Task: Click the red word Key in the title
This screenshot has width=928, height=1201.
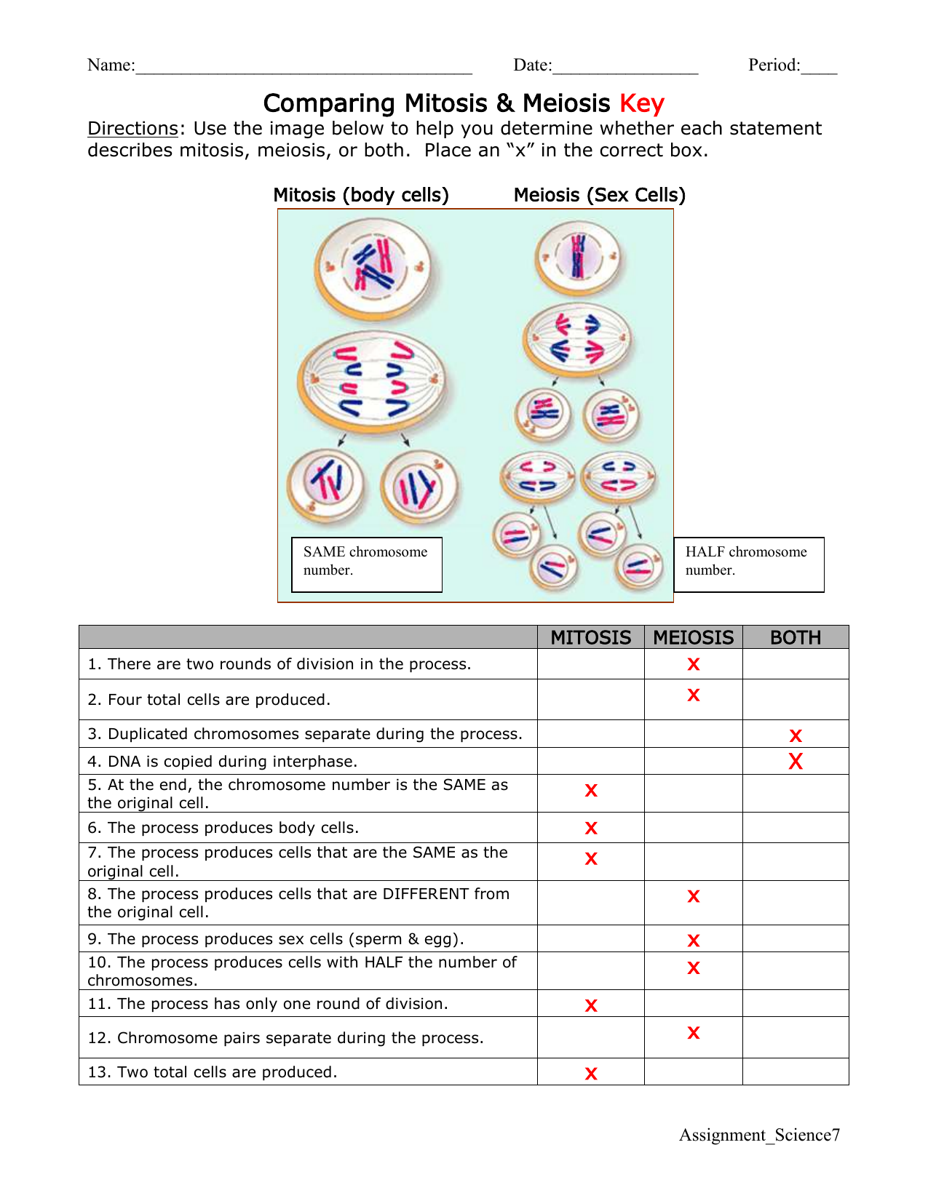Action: coord(641,103)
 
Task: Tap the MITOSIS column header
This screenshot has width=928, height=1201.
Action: coord(590,637)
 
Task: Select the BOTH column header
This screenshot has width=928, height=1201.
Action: coord(795,637)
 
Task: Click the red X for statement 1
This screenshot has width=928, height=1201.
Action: coord(693,664)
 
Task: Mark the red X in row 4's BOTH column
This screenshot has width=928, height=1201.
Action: coord(796,762)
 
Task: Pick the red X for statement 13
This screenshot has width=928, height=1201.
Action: coord(591,1074)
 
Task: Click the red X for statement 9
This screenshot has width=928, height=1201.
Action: coord(693,941)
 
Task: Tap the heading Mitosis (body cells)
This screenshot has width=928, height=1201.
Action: coord(360,195)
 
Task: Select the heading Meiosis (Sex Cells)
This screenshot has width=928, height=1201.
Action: coord(599,195)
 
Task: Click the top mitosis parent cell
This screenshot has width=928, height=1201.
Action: coord(373,268)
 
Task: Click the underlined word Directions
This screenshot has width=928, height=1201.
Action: coord(132,129)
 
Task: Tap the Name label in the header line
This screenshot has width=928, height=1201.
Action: coord(111,65)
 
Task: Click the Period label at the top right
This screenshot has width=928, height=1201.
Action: coord(774,65)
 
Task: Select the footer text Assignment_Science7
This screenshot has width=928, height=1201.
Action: coord(758,1135)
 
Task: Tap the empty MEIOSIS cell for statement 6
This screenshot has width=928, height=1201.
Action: coord(693,828)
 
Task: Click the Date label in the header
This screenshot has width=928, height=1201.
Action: coord(532,65)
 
